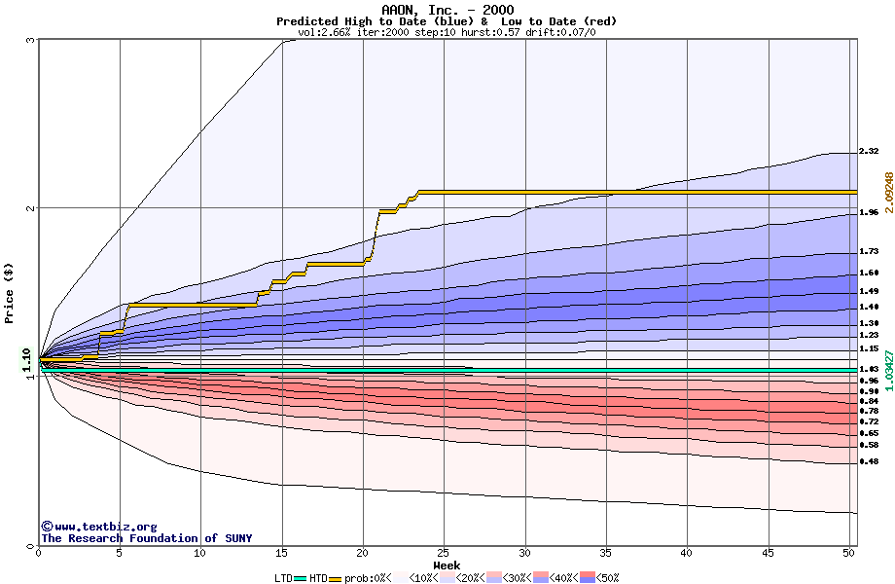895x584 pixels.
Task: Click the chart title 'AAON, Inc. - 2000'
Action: [x=447, y=10]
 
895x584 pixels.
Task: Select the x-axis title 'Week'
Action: [x=447, y=566]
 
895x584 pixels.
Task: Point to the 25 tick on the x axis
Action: [x=444, y=553]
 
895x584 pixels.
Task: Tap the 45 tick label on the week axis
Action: [x=768, y=553]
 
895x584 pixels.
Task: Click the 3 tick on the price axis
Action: [x=31, y=40]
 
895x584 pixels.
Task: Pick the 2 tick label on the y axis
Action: [x=31, y=208]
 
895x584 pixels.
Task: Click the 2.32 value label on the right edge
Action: [x=869, y=151]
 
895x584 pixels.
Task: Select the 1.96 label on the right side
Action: [x=869, y=211]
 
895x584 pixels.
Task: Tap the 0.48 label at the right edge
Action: [x=869, y=461]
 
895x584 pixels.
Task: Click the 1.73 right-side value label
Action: [x=869, y=251]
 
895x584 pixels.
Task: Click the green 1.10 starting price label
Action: [x=27, y=360]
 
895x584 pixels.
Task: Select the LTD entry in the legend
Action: [x=283, y=578]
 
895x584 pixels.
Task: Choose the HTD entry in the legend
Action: [x=318, y=578]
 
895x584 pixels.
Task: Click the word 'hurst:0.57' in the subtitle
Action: [x=490, y=32]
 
